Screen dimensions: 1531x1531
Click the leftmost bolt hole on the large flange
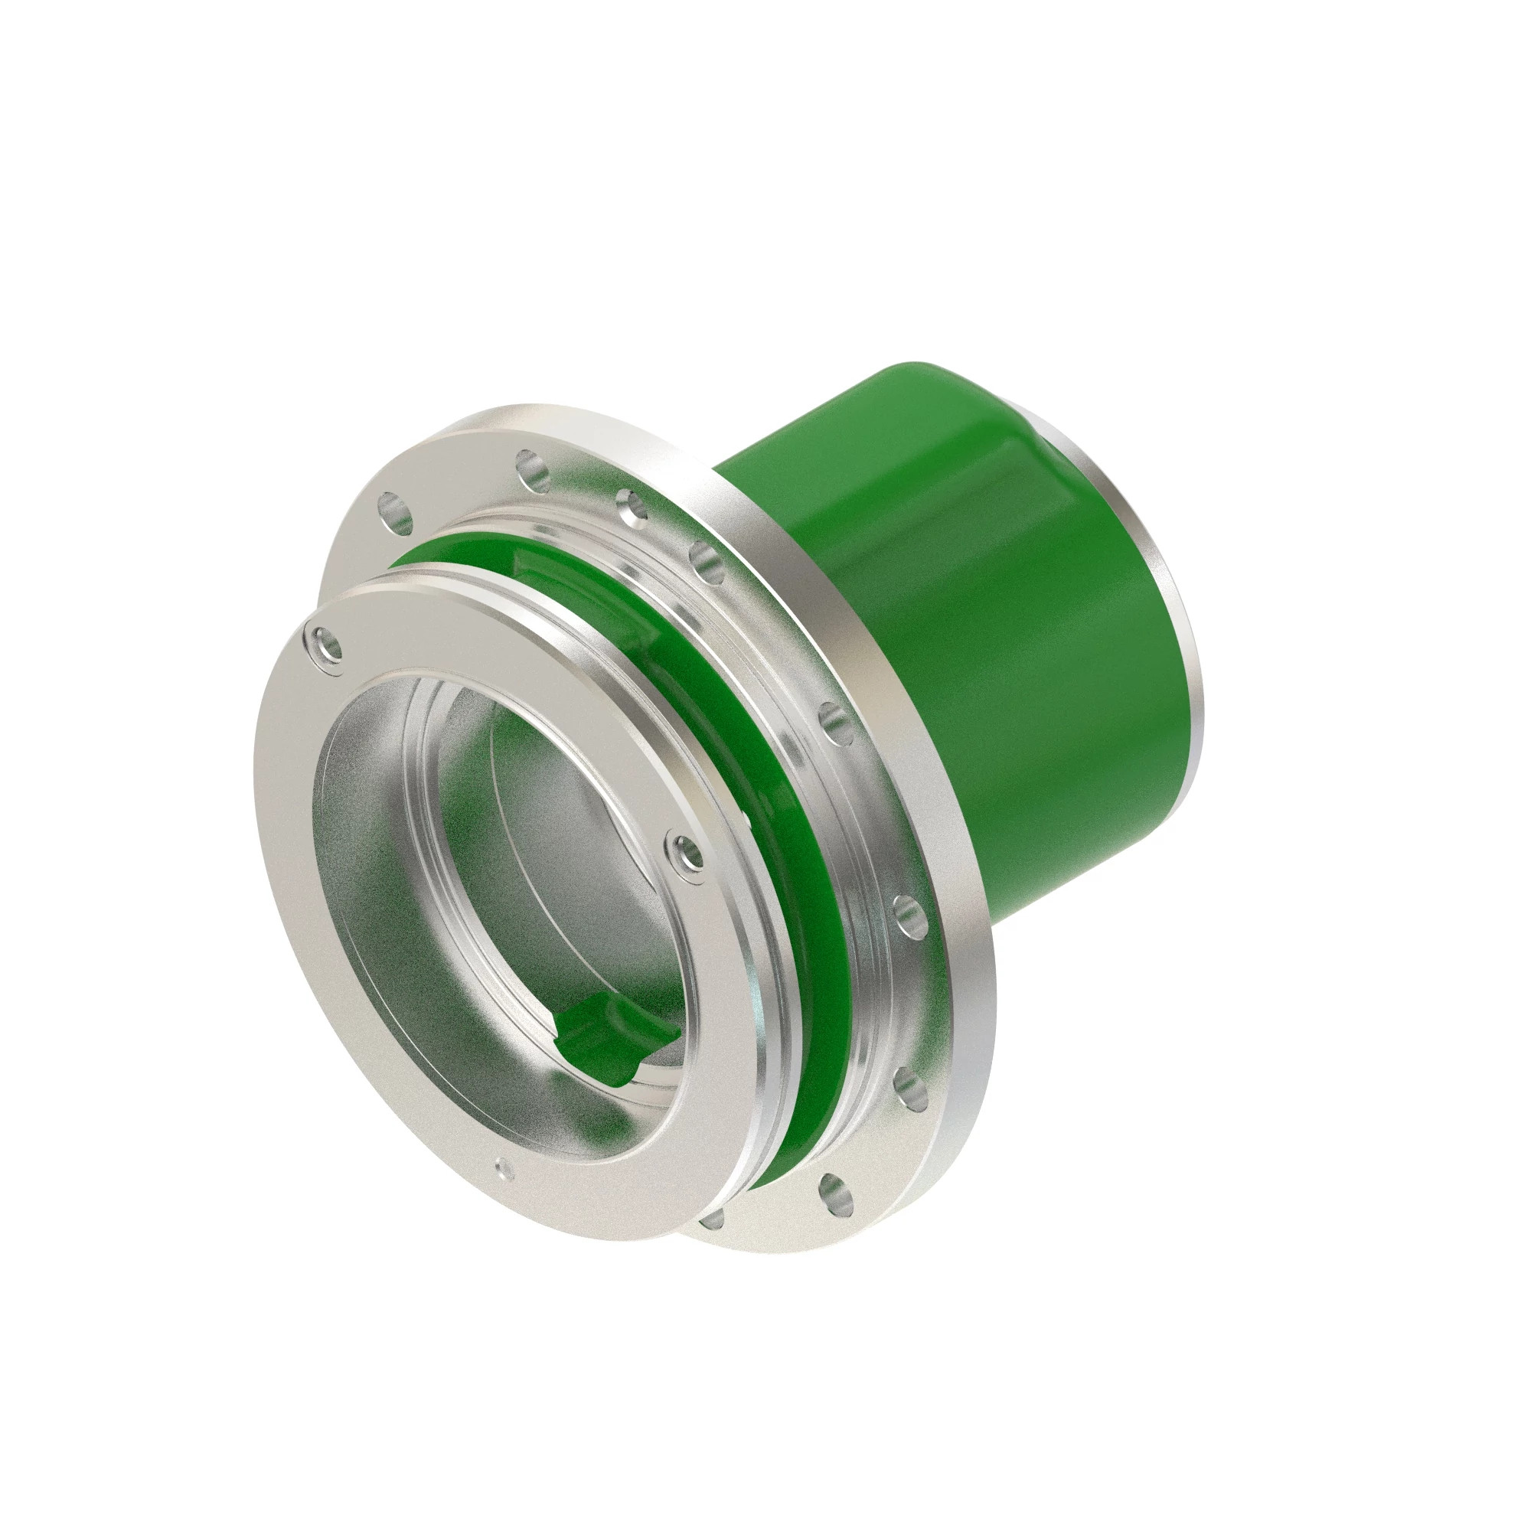(396, 512)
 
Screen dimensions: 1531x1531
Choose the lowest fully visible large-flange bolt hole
(834, 1193)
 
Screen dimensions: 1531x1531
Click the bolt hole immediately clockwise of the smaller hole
(705, 559)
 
